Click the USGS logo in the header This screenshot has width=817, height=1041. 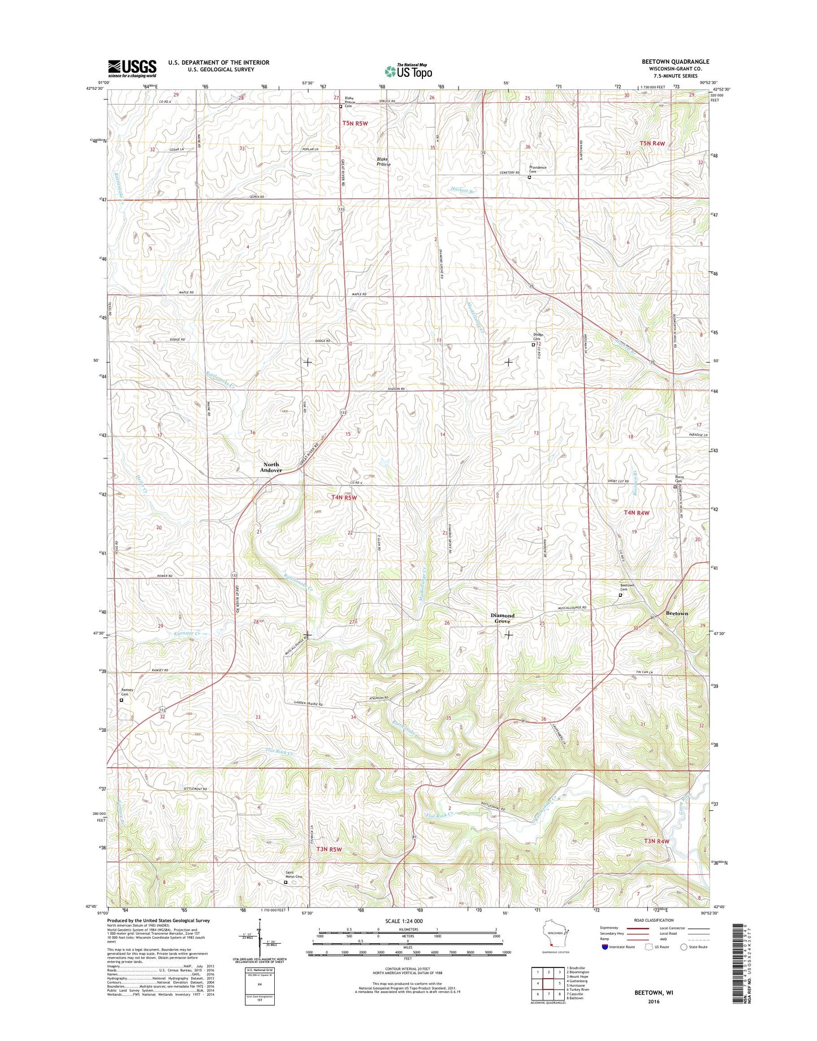(x=132, y=68)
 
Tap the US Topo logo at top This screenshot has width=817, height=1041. (x=408, y=71)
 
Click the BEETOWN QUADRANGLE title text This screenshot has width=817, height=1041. (x=667, y=62)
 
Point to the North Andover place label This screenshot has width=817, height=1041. (x=271, y=467)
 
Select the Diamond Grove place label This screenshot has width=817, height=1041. (x=502, y=618)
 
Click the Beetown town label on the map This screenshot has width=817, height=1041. (x=676, y=613)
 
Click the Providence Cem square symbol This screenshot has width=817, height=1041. (x=529, y=177)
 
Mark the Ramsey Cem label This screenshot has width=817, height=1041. (x=128, y=692)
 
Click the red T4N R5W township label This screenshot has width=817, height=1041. (x=344, y=497)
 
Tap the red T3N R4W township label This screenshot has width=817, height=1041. (x=656, y=841)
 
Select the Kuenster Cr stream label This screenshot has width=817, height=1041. (x=187, y=635)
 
